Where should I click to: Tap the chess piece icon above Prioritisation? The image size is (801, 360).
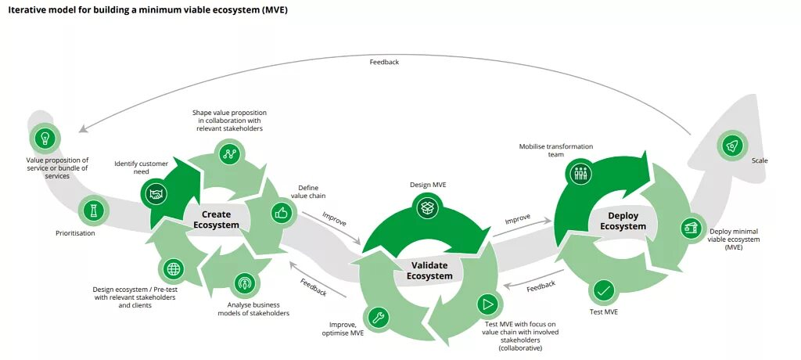pos(94,210)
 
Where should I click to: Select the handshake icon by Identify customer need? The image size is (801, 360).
pos(156,192)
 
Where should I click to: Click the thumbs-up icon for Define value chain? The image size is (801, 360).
pos(282,212)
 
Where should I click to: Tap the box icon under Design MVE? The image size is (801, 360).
pos(427,207)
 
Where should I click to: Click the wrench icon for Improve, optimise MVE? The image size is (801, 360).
pos(377,317)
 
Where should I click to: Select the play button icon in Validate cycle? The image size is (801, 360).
pos(487,304)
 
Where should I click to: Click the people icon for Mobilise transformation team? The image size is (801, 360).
pos(580,173)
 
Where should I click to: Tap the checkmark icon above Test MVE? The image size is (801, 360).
pos(603,291)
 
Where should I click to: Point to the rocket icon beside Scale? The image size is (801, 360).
pos(732,144)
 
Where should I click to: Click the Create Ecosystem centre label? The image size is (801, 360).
pos(217,219)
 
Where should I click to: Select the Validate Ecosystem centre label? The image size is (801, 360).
pos(429,270)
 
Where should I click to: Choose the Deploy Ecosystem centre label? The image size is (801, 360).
pos(623,221)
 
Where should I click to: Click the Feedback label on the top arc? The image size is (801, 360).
pos(384,62)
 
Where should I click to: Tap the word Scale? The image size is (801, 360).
pos(760,160)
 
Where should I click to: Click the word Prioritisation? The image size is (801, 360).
pos(75,232)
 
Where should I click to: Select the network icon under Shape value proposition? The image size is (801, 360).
pos(229,153)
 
